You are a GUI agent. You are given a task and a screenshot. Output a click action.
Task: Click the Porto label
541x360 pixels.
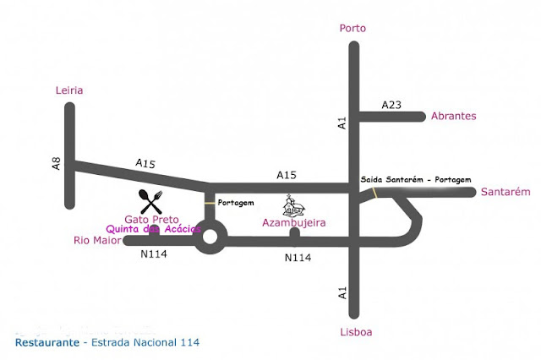(352, 28)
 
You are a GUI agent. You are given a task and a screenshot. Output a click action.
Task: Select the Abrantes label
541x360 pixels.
(454, 117)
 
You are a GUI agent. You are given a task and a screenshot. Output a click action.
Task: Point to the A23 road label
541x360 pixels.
(391, 105)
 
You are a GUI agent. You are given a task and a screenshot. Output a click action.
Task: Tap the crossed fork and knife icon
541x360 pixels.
(150, 201)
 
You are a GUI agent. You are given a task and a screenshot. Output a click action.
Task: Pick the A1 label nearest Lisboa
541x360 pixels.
(342, 292)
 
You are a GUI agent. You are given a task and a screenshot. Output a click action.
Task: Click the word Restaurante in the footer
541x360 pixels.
(46, 342)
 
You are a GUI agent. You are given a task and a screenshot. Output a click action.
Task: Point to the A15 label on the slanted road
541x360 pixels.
(145, 163)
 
